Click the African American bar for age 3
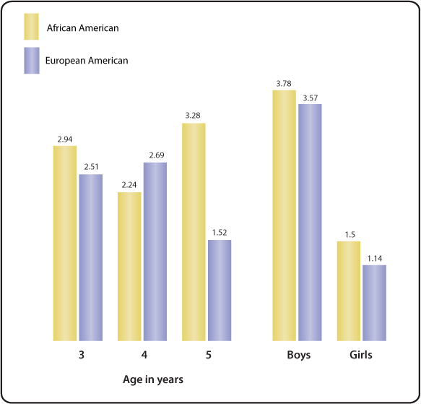point(64,243)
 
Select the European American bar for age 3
point(91,257)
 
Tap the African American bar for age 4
point(129,266)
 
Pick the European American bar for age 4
point(155,251)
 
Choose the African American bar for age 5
point(194,231)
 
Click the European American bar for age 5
point(220,290)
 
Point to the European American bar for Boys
point(310,222)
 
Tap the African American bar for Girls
point(348,291)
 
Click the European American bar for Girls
point(374,303)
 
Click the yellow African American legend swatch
point(32,27)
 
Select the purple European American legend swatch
point(32,60)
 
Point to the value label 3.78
point(284,83)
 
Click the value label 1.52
point(220,233)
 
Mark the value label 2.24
point(129,185)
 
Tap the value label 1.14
point(374,258)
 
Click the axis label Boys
point(298,356)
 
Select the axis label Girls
point(360,356)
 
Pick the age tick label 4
point(142,356)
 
